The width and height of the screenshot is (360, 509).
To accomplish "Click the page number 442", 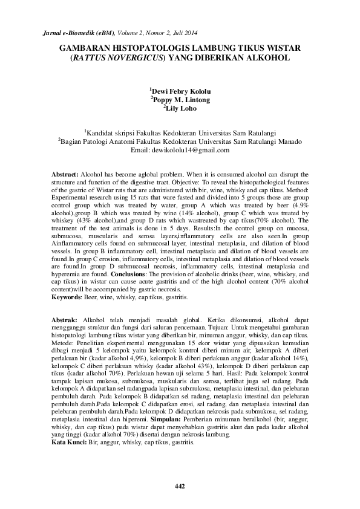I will click(x=180, y=486).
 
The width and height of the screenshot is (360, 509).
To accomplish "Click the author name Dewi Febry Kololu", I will click(x=180, y=91).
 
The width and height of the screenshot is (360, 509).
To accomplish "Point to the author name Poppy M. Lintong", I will click(x=180, y=100).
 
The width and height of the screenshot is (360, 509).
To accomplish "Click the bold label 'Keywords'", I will click(x=66, y=297).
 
